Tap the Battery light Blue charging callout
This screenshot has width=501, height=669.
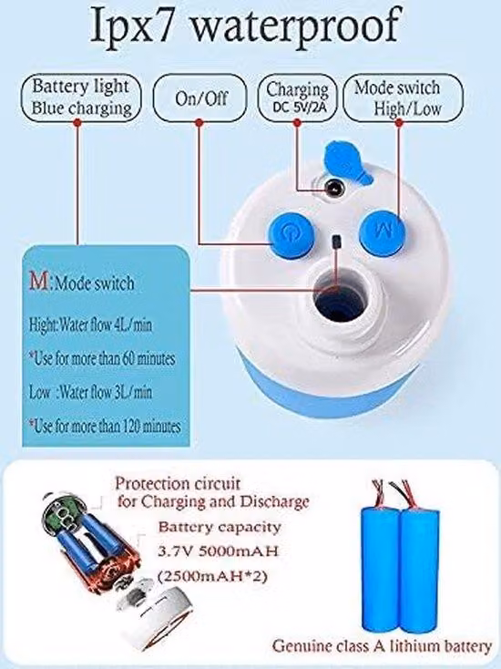[x=81, y=98]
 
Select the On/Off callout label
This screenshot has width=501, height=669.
[x=200, y=98]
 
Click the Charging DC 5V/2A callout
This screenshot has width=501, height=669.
[x=298, y=98]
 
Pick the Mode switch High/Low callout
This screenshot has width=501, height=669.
[x=403, y=98]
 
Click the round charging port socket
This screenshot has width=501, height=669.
[x=333, y=188]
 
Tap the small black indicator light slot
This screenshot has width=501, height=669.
[x=337, y=242]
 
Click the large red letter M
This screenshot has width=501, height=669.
[x=39, y=281]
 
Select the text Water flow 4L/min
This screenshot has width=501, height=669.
[x=106, y=325]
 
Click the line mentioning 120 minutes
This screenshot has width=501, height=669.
[x=105, y=426]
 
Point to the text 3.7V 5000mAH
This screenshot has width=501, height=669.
[x=218, y=551]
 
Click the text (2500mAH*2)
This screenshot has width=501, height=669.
[x=213, y=576]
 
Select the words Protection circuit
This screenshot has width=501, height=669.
[x=178, y=483]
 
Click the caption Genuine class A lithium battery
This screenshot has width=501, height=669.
[x=382, y=646]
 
